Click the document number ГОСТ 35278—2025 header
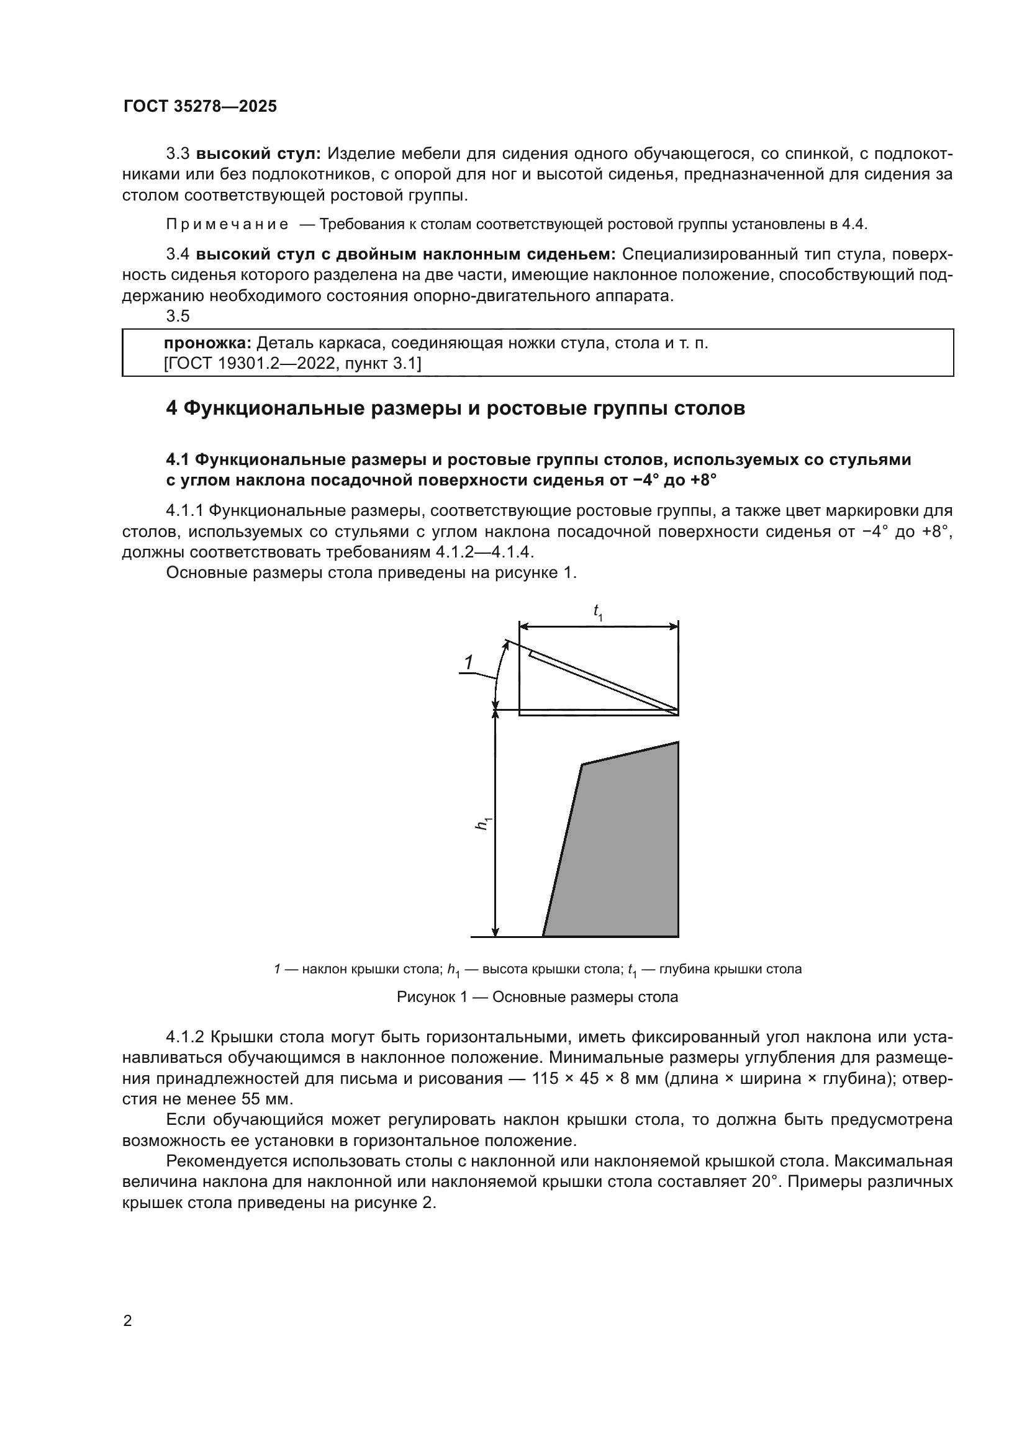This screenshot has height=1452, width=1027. tap(200, 106)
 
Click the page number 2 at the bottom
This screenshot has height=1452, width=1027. tap(128, 1320)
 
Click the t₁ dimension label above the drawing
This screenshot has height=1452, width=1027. tap(597, 611)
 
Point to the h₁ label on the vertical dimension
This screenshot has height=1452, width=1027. tap(484, 823)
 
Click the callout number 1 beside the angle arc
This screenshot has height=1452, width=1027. tap(469, 663)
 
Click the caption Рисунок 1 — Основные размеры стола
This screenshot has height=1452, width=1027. tap(537, 998)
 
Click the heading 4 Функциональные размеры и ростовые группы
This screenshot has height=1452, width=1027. tap(455, 408)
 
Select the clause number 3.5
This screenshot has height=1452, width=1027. tap(178, 315)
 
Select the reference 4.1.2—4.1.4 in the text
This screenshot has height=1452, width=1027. tap(485, 552)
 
